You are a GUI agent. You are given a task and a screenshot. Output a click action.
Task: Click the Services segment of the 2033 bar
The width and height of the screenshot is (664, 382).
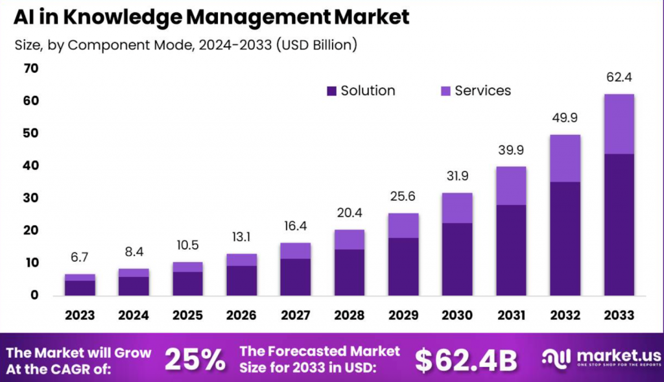pyautogui.click(x=619, y=124)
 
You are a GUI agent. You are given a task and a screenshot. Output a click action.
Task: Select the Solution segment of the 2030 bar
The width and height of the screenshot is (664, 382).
pyautogui.click(x=457, y=259)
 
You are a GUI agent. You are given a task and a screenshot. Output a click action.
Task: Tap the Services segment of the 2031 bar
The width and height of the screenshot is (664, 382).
pyautogui.click(x=511, y=186)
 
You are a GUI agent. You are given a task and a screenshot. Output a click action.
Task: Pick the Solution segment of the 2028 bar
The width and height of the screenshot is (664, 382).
pyautogui.click(x=350, y=272)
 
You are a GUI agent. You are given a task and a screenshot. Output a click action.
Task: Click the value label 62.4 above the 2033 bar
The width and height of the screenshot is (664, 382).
pyautogui.click(x=619, y=77)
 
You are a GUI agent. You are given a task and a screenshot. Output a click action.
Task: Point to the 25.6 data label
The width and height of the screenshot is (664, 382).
pyautogui.click(x=403, y=196)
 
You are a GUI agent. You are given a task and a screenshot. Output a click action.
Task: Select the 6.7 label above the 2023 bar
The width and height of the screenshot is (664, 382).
pyautogui.click(x=80, y=257)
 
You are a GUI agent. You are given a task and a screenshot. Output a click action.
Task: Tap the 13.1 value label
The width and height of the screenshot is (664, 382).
pyautogui.click(x=241, y=237)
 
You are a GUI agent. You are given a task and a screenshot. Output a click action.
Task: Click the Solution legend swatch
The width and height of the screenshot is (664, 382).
pyautogui.click(x=331, y=91)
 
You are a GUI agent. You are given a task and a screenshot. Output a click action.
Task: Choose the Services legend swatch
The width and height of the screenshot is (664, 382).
pyautogui.click(x=445, y=91)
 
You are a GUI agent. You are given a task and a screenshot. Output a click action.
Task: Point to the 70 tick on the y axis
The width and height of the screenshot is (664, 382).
pyautogui.click(x=31, y=68)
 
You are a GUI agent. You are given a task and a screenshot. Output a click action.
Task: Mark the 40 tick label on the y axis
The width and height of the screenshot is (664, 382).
pyautogui.click(x=31, y=165)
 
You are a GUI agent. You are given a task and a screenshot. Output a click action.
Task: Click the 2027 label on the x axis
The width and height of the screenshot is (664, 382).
pyautogui.click(x=296, y=315)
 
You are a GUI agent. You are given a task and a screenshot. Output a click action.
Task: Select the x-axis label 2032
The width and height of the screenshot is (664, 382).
pyautogui.click(x=565, y=315)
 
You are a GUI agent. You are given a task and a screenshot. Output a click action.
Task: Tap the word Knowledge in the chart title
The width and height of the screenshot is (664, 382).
pyautogui.click(x=123, y=18)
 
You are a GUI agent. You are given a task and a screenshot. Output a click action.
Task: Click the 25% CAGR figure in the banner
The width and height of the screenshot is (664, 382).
pyautogui.click(x=195, y=360)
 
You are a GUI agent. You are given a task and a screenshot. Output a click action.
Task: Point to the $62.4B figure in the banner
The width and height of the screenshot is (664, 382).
pyautogui.click(x=466, y=361)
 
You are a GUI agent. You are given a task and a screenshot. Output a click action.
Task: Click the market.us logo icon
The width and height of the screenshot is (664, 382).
pyautogui.click(x=556, y=358)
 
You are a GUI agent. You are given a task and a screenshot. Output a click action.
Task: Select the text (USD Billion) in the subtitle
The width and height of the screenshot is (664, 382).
pyautogui.click(x=316, y=45)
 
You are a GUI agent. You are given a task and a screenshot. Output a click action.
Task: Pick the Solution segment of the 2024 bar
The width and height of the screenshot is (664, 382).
pyautogui.click(x=134, y=286)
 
